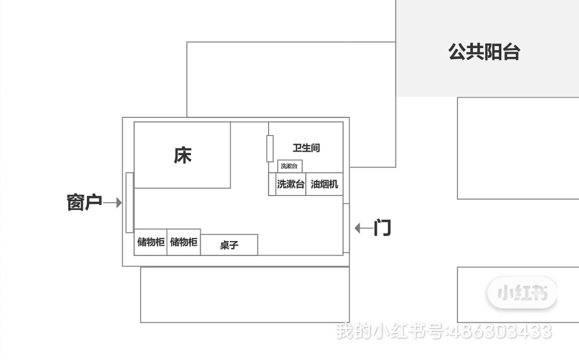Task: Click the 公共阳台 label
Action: [484, 52]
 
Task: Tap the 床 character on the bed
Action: [182, 155]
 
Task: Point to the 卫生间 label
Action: [306, 148]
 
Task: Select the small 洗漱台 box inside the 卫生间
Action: [289, 166]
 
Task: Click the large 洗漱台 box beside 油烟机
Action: [291, 184]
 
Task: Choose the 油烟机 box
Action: [324, 184]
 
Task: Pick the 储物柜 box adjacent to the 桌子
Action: [183, 242]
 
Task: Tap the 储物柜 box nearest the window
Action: [151, 242]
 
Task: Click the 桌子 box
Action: [229, 245]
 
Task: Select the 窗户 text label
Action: [84, 202]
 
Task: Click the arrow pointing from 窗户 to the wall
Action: [113, 203]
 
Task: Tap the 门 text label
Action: [383, 228]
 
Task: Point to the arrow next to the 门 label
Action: [363, 228]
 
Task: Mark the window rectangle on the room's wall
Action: [129, 202]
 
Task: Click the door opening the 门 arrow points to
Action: [346, 228]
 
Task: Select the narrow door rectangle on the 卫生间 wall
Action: [270, 148]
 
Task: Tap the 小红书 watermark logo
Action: [522, 292]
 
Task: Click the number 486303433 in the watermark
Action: [498, 331]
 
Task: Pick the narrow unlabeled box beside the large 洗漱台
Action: [272, 184]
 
